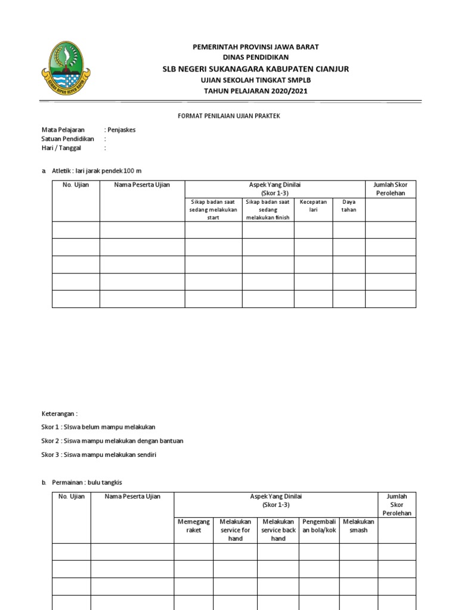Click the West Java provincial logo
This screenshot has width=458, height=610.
click(x=66, y=68)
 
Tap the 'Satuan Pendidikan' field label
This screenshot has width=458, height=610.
click(x=67, y=139)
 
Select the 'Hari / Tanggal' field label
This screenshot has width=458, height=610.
click(x=61, y=148)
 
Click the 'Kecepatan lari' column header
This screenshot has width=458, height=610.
click(x=313, y=206)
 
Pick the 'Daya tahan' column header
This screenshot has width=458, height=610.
click(x=349, y=206)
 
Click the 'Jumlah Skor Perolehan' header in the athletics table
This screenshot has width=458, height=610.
click(x=390, y=189)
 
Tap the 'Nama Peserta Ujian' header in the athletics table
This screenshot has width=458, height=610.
click(x=142, y=185)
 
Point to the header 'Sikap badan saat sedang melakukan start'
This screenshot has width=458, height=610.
click(x=213, y=210)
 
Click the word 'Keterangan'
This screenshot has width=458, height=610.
click(x=59, y=413)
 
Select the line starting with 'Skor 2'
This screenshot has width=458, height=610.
click(x=112, y=441)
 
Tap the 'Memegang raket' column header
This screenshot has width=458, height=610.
click(x=194, y=525)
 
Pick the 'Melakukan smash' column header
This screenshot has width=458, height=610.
click(x=358, y=525)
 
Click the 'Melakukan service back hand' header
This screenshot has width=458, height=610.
click(x=278, y=530)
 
